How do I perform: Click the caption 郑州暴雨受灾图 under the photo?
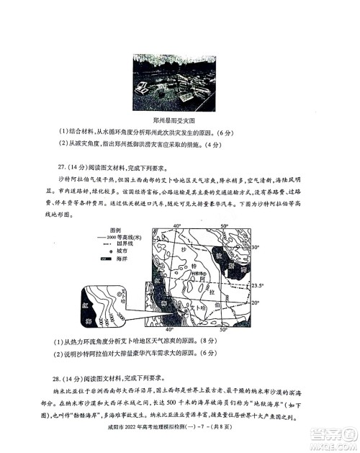point(180,121)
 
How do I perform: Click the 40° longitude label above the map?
point(176,226)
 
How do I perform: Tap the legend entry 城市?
point(115,252)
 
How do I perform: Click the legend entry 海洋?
point(115,260)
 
